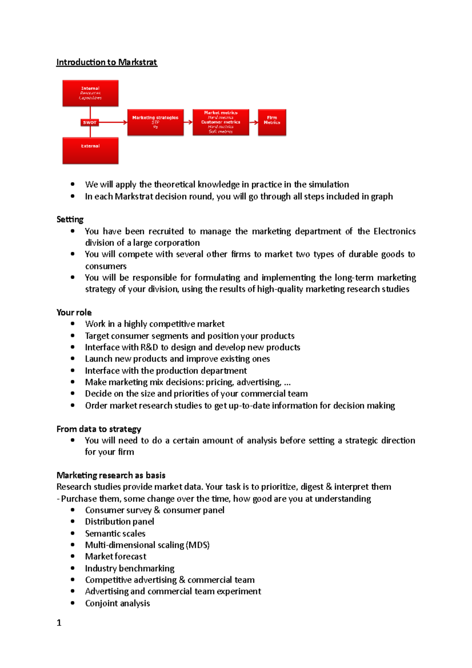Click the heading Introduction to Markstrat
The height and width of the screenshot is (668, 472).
pos(107,62)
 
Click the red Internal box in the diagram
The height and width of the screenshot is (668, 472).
pos(90,93)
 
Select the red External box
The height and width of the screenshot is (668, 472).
pos(90,150)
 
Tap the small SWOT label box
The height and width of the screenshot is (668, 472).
pos(90,122)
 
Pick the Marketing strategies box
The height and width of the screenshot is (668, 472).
pos(155,122)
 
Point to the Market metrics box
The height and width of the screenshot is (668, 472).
pos(221,122)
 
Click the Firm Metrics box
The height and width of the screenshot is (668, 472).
pos(272,122)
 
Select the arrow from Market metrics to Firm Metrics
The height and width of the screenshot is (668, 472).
pos(253,122)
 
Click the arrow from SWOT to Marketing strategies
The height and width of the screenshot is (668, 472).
pos(113,122)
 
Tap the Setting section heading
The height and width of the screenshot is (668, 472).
pos(70,220)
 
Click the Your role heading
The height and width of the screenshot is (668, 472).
pos(74,312)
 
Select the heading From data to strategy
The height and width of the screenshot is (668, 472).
pos(99,429)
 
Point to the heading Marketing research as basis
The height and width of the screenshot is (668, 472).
pos(111,475)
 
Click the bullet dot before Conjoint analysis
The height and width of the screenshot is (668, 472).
pos(73,603)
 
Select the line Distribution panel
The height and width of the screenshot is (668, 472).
pos(120,522)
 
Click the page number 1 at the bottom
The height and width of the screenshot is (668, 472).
pos(59,623)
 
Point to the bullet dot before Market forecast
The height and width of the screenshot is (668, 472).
pos(73,556)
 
